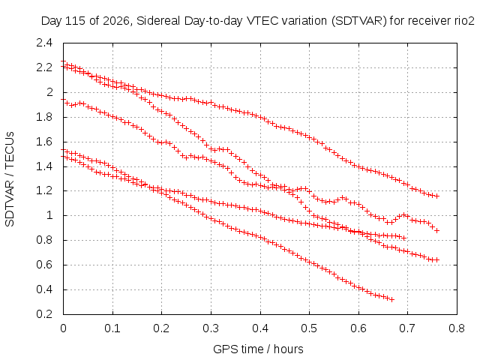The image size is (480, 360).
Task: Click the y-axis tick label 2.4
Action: tap(44, 43)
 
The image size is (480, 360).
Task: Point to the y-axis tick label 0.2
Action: tap(44, 314)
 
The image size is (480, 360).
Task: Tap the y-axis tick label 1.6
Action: tap(44, 142)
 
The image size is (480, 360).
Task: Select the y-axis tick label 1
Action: tap(49, 215)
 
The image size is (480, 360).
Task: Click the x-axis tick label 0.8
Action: tap(457, 328)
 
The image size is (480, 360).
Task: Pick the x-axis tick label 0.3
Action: tap(211, 328)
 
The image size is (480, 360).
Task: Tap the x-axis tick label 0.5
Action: tap(309, 328)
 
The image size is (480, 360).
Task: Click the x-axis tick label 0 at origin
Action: tap(63, 328)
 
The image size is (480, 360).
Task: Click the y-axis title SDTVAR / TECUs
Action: tap(10, 179)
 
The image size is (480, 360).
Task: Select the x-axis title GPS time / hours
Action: tap(258, 349)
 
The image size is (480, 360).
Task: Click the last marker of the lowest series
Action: tap(391, 299)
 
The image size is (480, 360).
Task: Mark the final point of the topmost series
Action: tap(437, 196)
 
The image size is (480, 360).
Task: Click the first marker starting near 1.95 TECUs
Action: tap(63, 100)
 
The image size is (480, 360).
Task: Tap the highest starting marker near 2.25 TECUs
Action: tap(63, 61)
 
